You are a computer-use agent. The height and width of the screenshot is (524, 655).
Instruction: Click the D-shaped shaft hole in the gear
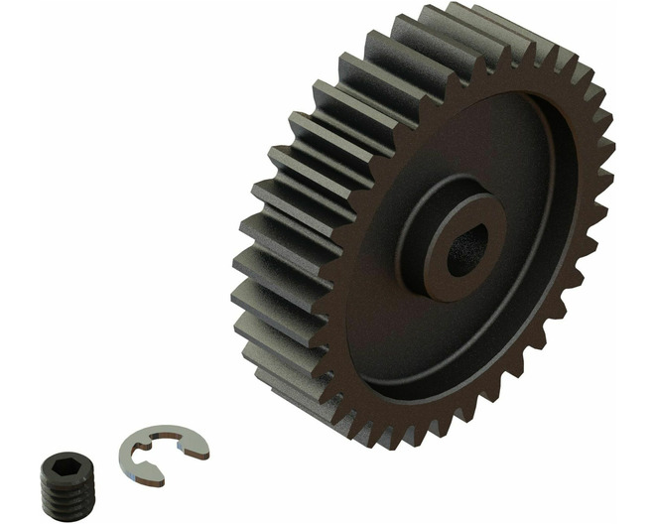(463, 255)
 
